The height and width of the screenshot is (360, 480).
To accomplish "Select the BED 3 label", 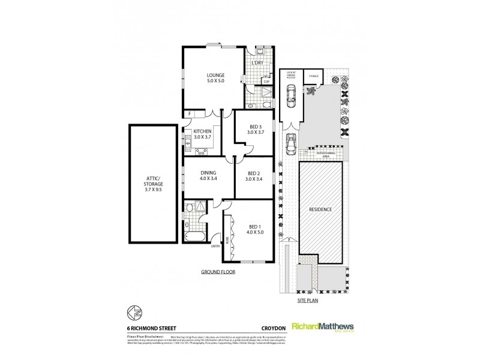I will [255, 127].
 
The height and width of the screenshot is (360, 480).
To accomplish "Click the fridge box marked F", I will [189, 113].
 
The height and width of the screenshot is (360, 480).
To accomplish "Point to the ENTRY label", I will [215, 245].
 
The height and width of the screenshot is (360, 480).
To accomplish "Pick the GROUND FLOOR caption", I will [218, 272].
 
